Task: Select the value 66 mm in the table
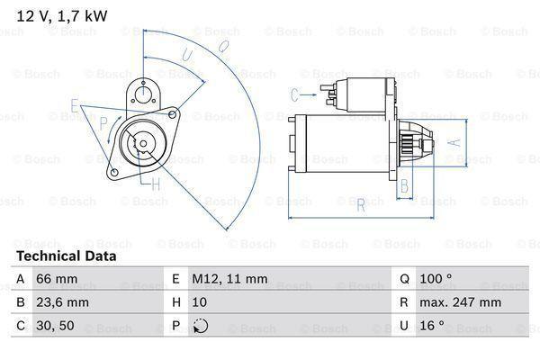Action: (x=56, y=280)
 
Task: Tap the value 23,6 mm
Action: (x=62, y=303)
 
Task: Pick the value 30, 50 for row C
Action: (x=54, y=327)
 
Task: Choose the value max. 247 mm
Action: (x=462, y=303)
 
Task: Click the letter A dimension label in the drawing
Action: (x=455, y=141)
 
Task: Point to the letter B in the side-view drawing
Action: (x=405, y=186)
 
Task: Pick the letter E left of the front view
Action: (x=75, y=104)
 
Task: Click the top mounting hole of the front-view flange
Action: (x=140, y=90)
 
